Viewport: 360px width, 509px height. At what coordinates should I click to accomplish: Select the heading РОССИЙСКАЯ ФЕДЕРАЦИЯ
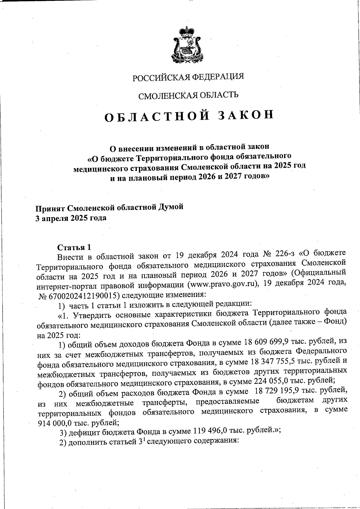click(x=188, y=77)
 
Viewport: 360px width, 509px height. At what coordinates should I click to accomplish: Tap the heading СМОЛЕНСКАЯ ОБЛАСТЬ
click(x=188, y=95)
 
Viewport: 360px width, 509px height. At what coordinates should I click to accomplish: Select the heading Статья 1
click(x=74, y=247)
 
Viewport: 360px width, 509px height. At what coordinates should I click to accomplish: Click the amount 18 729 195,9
click(x=277, y=391)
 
